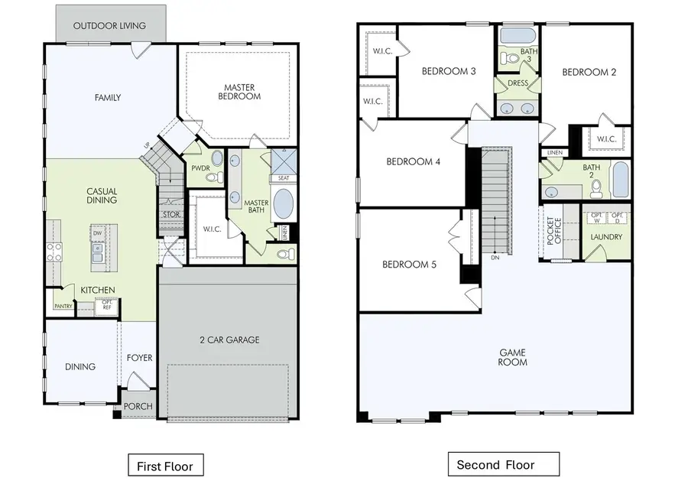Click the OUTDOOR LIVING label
110,26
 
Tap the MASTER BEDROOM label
243,92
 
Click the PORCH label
138,406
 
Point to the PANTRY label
63,306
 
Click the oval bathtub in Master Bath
283,205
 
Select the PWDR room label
201,167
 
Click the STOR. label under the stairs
171,215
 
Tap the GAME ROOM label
513,357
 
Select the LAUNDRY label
607,238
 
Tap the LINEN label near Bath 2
554,153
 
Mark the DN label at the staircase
495,258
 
